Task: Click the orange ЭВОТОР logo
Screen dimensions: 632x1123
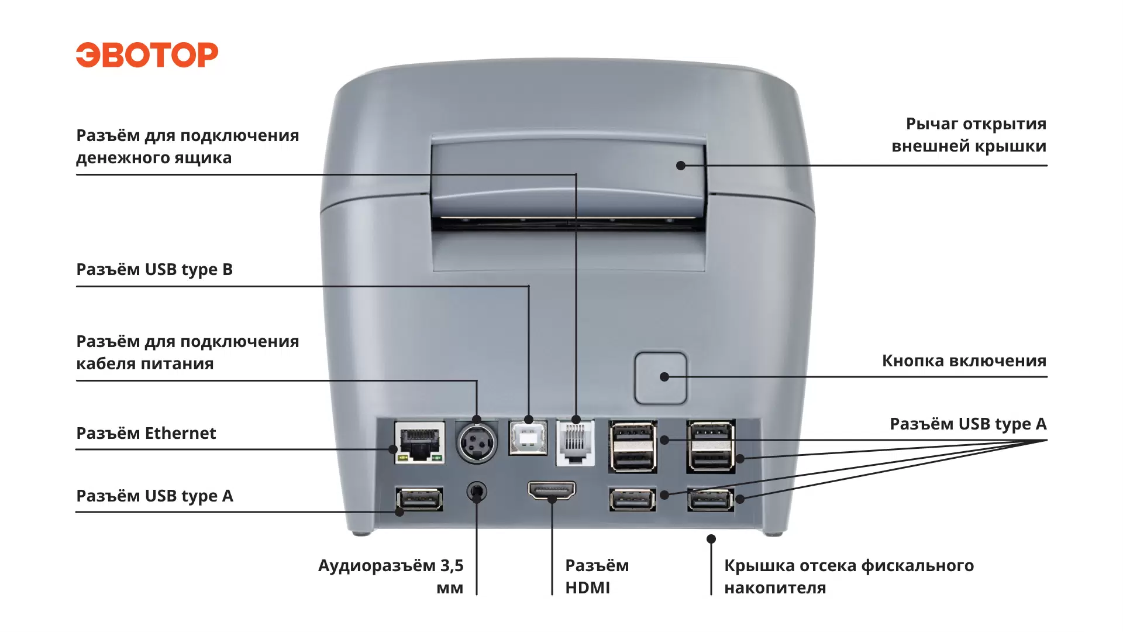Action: tap(147, 55)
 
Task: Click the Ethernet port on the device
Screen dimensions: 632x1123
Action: tap(419, 442)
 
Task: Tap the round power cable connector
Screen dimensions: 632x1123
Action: tap(477, 443)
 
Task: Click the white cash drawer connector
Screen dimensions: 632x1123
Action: tap(576, 443)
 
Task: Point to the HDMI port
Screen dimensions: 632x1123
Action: tap(552, 491)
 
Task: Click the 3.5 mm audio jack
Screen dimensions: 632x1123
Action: tap(477, 492)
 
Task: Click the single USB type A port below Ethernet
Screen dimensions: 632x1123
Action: tap(419, 499)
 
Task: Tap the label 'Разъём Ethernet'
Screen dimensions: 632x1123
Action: tap(146, 434)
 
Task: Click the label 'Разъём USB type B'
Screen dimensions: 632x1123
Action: tap(154, 270)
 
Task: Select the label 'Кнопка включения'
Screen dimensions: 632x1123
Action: tap(964, 361)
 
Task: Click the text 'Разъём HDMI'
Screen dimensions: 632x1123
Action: tap(597, 576)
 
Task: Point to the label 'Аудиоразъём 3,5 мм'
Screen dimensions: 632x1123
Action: tap(391, 576)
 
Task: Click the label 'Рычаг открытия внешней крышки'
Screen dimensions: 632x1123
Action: tap(969, 135)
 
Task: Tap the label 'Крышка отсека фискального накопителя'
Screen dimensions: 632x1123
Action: tap(849, 576)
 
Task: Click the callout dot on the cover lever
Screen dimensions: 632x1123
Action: tap(681, 166)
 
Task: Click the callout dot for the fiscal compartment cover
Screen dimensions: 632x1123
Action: tap(711, 539)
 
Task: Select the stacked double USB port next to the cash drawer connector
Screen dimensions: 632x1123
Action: tap(633, 446)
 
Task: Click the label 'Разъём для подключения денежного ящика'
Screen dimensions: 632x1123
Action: tap(187, 147)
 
